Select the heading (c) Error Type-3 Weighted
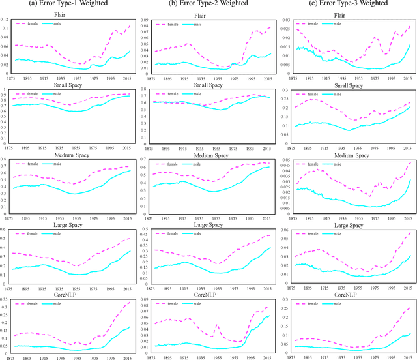click(347, 5)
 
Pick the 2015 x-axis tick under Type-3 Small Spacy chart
click(401, 151)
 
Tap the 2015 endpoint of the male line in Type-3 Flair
click(410, 44)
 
